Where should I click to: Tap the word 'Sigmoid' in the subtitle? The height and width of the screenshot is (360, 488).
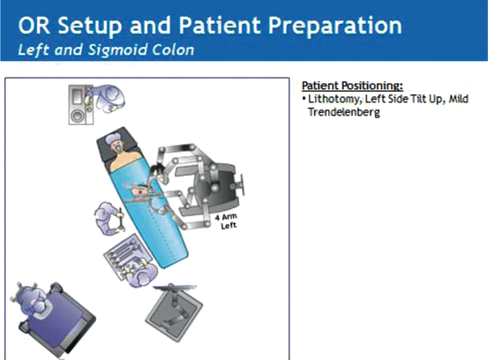click(x=109, y=49)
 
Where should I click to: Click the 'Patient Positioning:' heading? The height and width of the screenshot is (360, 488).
click(x=352, y=86)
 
